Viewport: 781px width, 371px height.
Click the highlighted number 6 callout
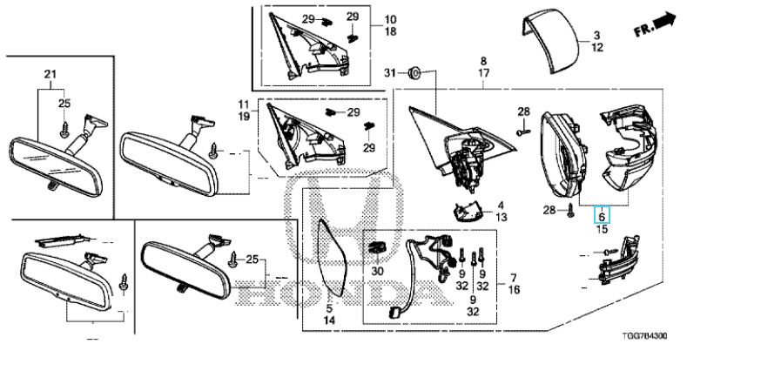[x=601, y=216]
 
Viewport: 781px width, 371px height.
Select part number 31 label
[x=390, y=73]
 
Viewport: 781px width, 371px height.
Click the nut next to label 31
[x=414, y=73]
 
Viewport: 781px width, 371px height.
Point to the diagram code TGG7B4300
[x=644, y=336]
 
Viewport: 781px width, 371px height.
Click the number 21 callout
[x=50, y=74]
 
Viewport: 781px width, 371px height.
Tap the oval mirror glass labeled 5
[x=330, y=258]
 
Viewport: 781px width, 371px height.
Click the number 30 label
[x=378, y=272]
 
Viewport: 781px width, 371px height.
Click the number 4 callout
[x=501, y=205]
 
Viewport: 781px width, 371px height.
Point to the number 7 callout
[x=514, y=277]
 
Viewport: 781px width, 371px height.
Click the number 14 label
[x=329, y=320]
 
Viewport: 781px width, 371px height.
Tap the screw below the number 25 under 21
[x=64, y=130]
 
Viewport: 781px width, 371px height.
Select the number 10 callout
[x=390, y=20]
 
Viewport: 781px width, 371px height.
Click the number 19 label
[x=243, y=117]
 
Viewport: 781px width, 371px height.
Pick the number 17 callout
[x=483, y=73]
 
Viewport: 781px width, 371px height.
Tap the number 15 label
[x=602, y=230]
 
